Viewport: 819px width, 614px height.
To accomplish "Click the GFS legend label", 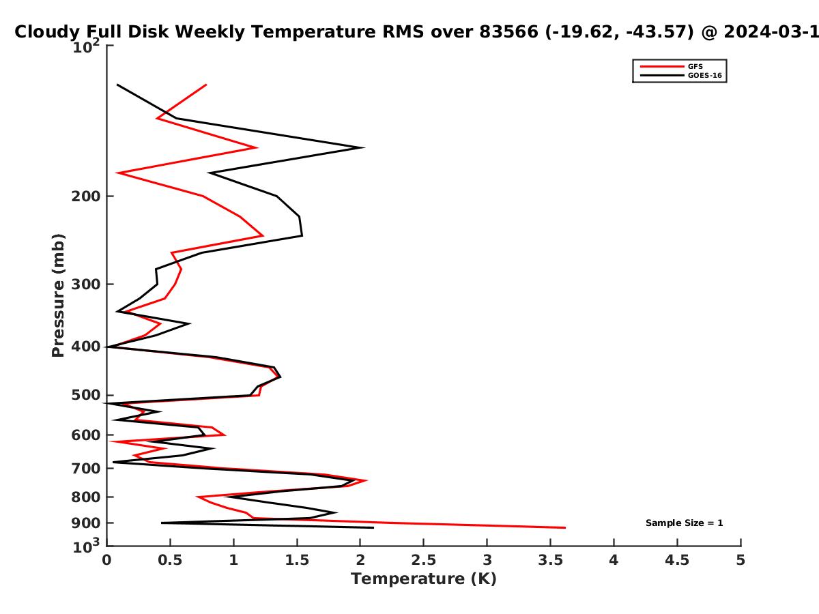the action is (x=695, y=67).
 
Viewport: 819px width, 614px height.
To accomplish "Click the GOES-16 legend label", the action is (x=705, y=76).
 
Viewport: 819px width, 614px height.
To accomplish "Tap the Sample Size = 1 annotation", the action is (x=685, y=523).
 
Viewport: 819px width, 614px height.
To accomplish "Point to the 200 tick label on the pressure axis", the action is (x=86, y=196).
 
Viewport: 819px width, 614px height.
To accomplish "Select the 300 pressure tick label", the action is (x=86, y=284).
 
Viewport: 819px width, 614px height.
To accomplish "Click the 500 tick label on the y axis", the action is (x=86, y=395).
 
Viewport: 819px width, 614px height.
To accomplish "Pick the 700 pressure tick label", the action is (x=86, y=468).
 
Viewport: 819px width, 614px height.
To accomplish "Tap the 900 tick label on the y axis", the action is (x=86, y=523).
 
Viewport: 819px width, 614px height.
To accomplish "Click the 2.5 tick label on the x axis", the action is (x=424, y=560).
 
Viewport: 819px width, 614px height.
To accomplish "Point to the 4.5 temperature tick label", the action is (x=677, y=560).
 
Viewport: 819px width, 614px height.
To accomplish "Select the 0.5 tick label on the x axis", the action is (x=170, y=560).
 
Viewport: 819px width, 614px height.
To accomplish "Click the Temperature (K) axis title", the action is (x=424, y=579).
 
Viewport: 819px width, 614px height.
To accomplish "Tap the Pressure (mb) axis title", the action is (x=58, y=295).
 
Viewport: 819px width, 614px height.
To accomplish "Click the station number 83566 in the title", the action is (x=509, y=31).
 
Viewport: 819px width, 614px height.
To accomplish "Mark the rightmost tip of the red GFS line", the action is (x=565, y=527).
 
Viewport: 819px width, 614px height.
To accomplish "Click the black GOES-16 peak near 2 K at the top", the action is (x=364, y=147).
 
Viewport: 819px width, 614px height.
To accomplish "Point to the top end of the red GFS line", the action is (x=206, y=85).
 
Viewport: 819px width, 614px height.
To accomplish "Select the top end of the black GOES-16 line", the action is (x=117, y=85).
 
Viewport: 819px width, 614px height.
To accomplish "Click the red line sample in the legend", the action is (x=662, y=67).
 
